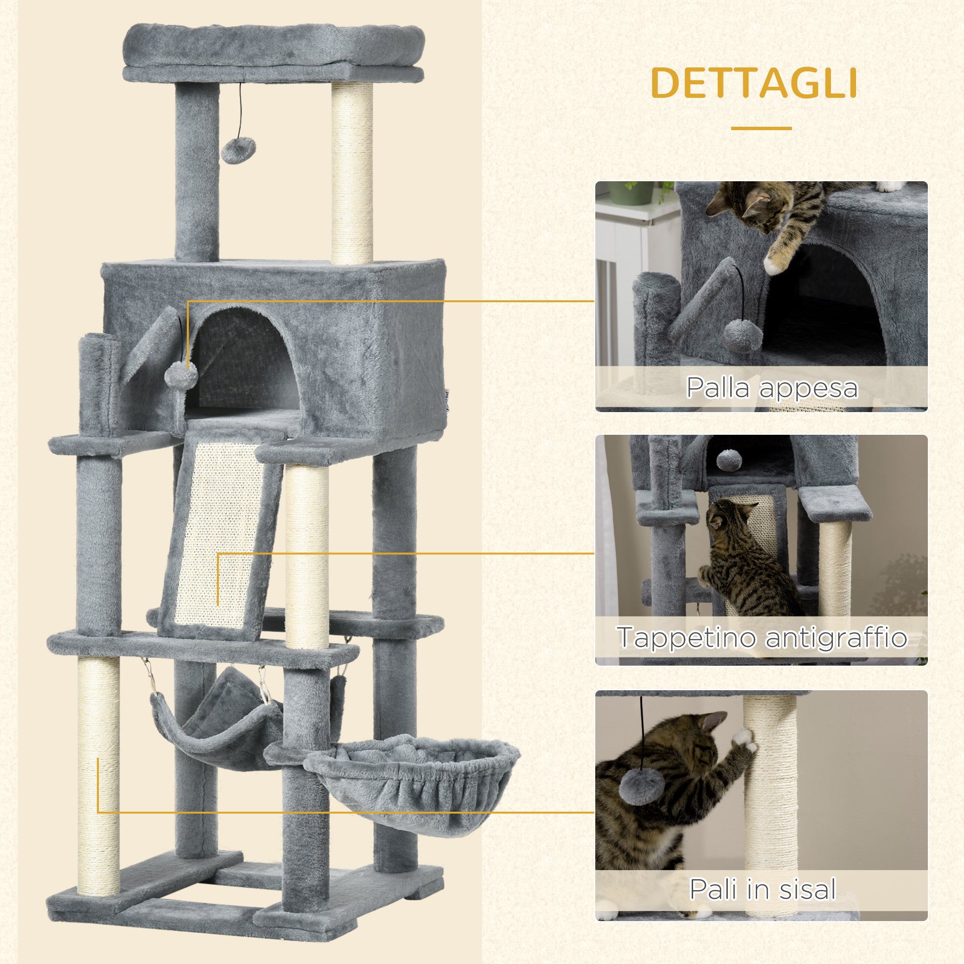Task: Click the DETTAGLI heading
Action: coord(754,83)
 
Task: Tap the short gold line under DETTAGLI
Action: coord(761,128)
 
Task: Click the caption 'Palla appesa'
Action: coord(771,388)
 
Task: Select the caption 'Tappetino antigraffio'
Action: coord(762,637)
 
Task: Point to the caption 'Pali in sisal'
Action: coord(762,889)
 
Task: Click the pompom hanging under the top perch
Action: coord(239,150)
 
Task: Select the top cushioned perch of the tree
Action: coord(273,50)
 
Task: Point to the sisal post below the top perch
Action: coord(352,174)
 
